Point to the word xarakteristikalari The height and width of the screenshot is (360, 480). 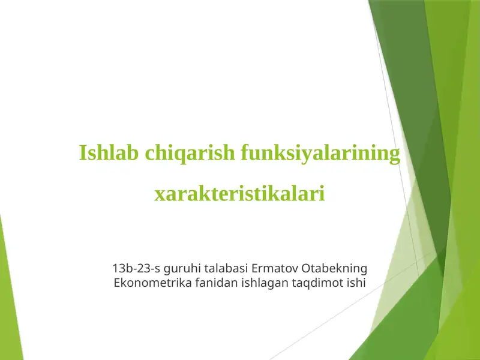[x=240, y=194]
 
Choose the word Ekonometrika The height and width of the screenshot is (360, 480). [x=152, y=282]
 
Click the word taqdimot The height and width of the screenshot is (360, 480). [x=317, y=282]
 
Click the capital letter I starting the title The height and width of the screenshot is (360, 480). [x=83, y=154]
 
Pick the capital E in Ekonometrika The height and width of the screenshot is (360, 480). [x=117, y=282]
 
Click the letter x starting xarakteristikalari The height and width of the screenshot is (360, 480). [x=160, y=195]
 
